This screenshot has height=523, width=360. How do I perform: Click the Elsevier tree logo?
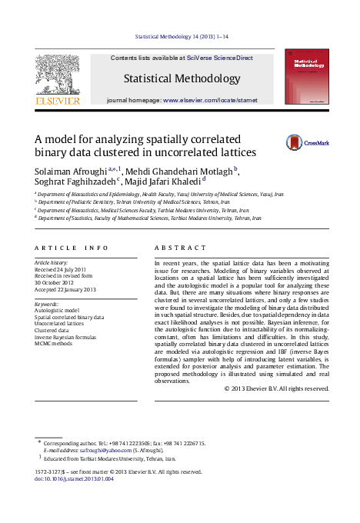tap(57, 76)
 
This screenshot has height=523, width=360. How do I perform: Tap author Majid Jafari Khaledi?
tap(162, 182)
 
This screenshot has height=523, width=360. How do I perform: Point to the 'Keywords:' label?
tap(48, 304)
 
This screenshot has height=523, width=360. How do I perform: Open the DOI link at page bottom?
tap(74, 479)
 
